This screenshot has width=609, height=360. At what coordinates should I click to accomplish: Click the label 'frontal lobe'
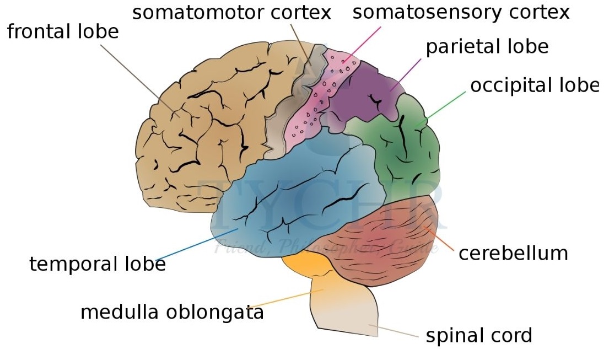tap(63, 31)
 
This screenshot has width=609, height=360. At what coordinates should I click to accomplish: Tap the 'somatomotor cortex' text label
tap(231, 13)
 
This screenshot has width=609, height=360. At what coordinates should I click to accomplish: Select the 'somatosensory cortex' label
tap(461, 13)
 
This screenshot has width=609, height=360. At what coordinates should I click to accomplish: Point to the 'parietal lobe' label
tap(487, 47)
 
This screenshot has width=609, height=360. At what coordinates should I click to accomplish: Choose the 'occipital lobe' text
tap(533, 85)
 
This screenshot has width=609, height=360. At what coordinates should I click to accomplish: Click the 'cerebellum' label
tap(513, 254)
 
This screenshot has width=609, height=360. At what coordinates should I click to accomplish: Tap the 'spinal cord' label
tap(479, 335)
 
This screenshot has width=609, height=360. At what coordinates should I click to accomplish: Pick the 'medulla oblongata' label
tap(172, 313)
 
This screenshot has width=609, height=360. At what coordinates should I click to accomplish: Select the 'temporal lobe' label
tap(98, 265)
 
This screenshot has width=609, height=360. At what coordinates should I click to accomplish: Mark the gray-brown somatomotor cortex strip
tap(292, 110)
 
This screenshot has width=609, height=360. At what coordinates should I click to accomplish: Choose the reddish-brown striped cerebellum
tap(386, 243)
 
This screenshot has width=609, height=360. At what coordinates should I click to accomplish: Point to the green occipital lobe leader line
tap(444, 106)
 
